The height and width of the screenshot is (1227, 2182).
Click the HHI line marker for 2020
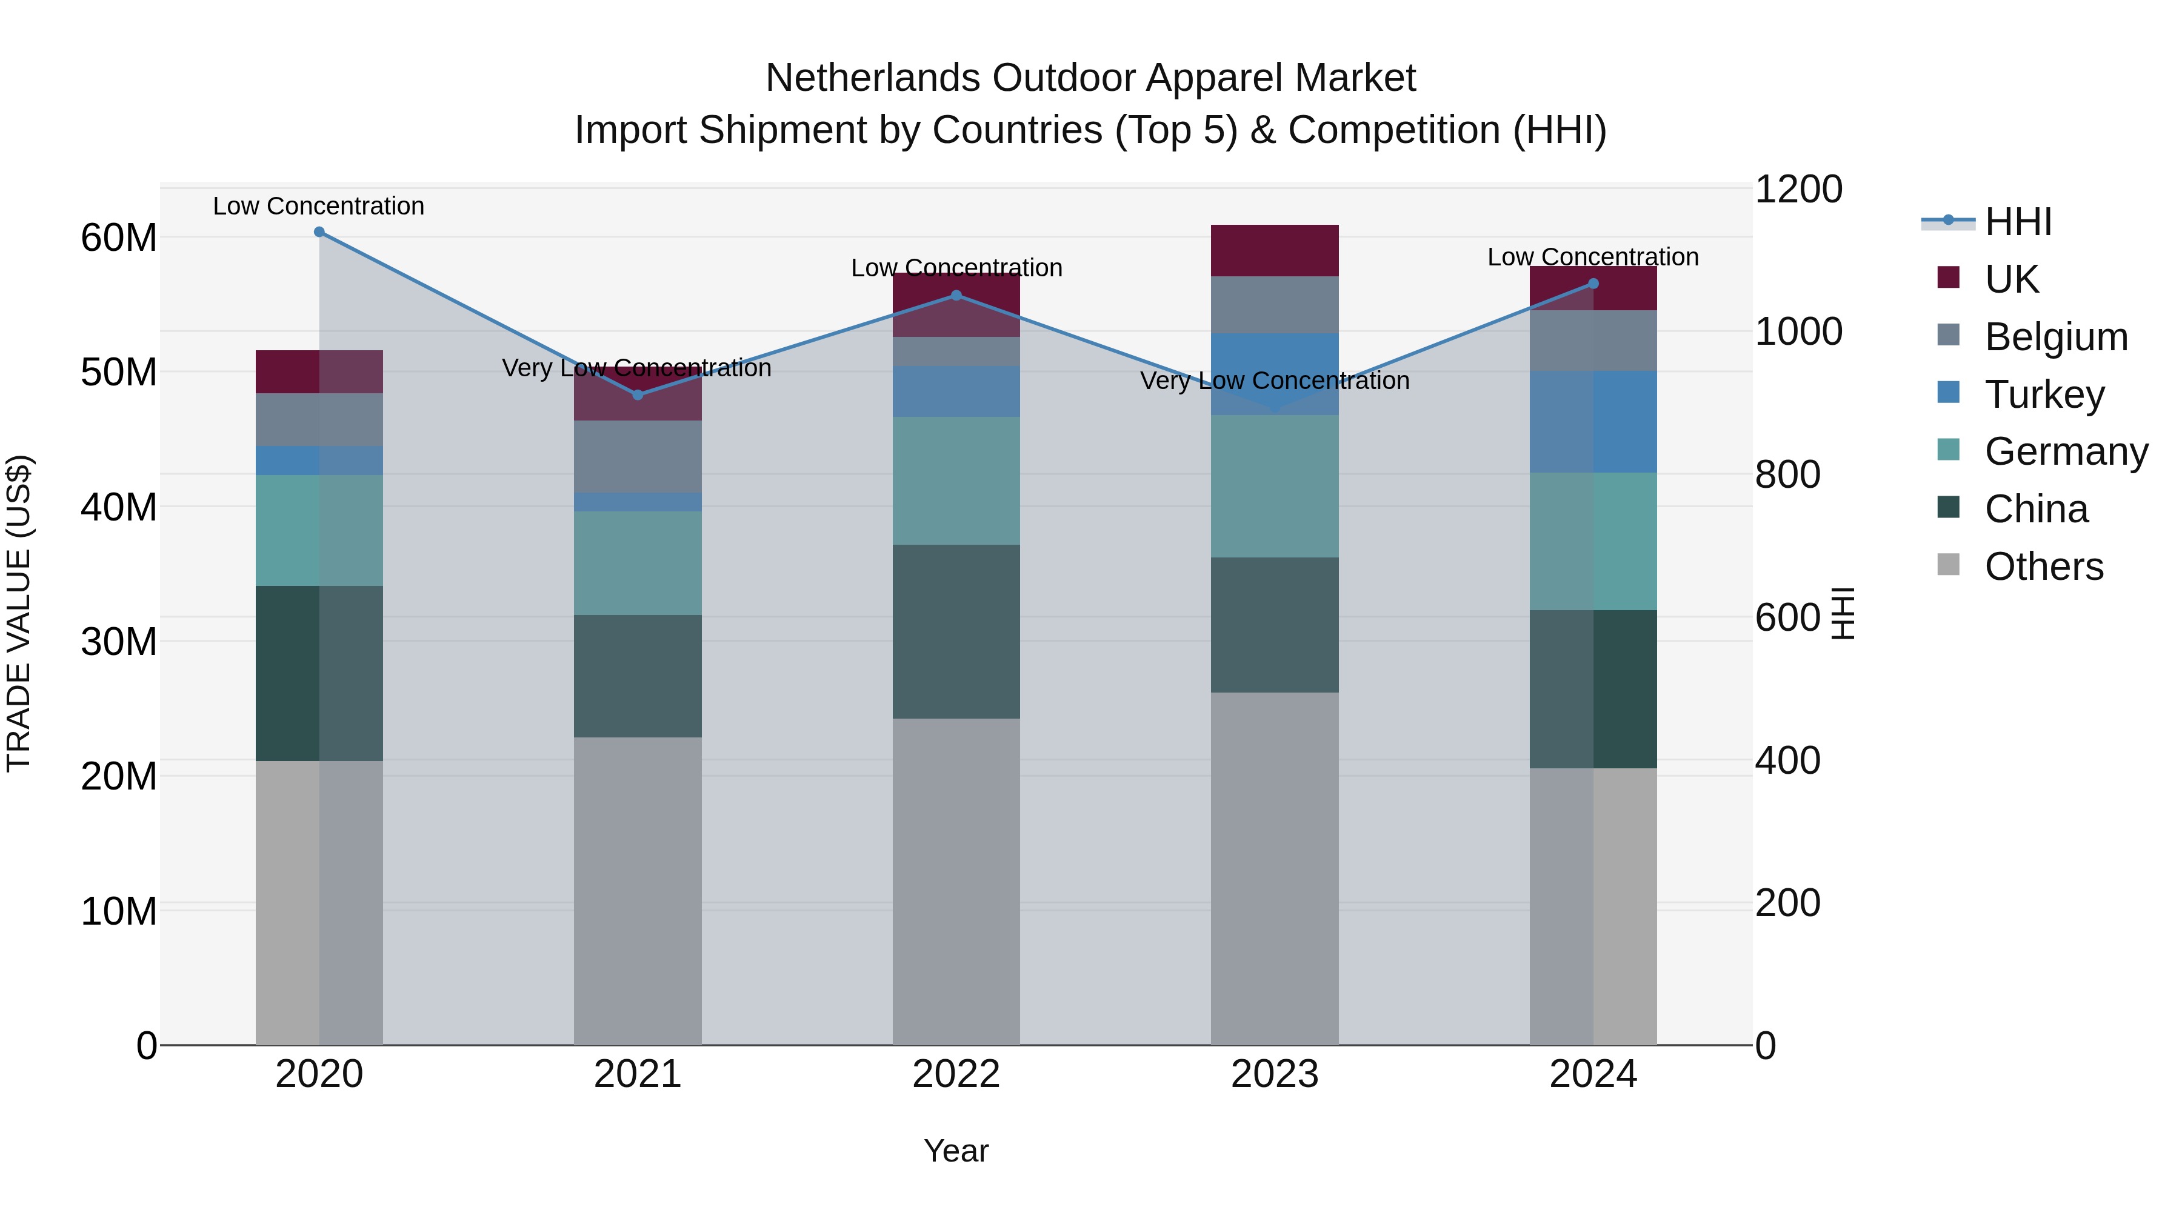click(319, 232)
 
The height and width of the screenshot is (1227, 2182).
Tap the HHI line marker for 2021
click(638, 394)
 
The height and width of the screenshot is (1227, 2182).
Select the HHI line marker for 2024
click(1593, 284)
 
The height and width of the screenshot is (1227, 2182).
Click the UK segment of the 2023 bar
click(1275, 251)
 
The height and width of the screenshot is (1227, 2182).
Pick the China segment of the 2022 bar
click(956, 632)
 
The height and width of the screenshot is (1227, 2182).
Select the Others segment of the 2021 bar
click(638, 891)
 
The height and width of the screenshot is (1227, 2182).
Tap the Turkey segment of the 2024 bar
click(1593, 422)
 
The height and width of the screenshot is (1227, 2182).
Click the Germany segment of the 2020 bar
click(319, 530)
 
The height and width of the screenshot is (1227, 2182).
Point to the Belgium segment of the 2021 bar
click(638, 456)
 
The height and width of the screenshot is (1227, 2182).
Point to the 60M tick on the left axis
click(119, 238)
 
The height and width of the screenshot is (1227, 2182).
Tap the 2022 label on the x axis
click(956, 1074)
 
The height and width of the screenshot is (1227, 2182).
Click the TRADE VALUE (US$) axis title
click(19, 613)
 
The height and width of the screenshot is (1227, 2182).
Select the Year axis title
click(956, 1151)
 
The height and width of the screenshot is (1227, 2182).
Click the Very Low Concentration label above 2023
click(1275, 381)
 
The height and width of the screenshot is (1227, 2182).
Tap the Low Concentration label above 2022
click(956, 268)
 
